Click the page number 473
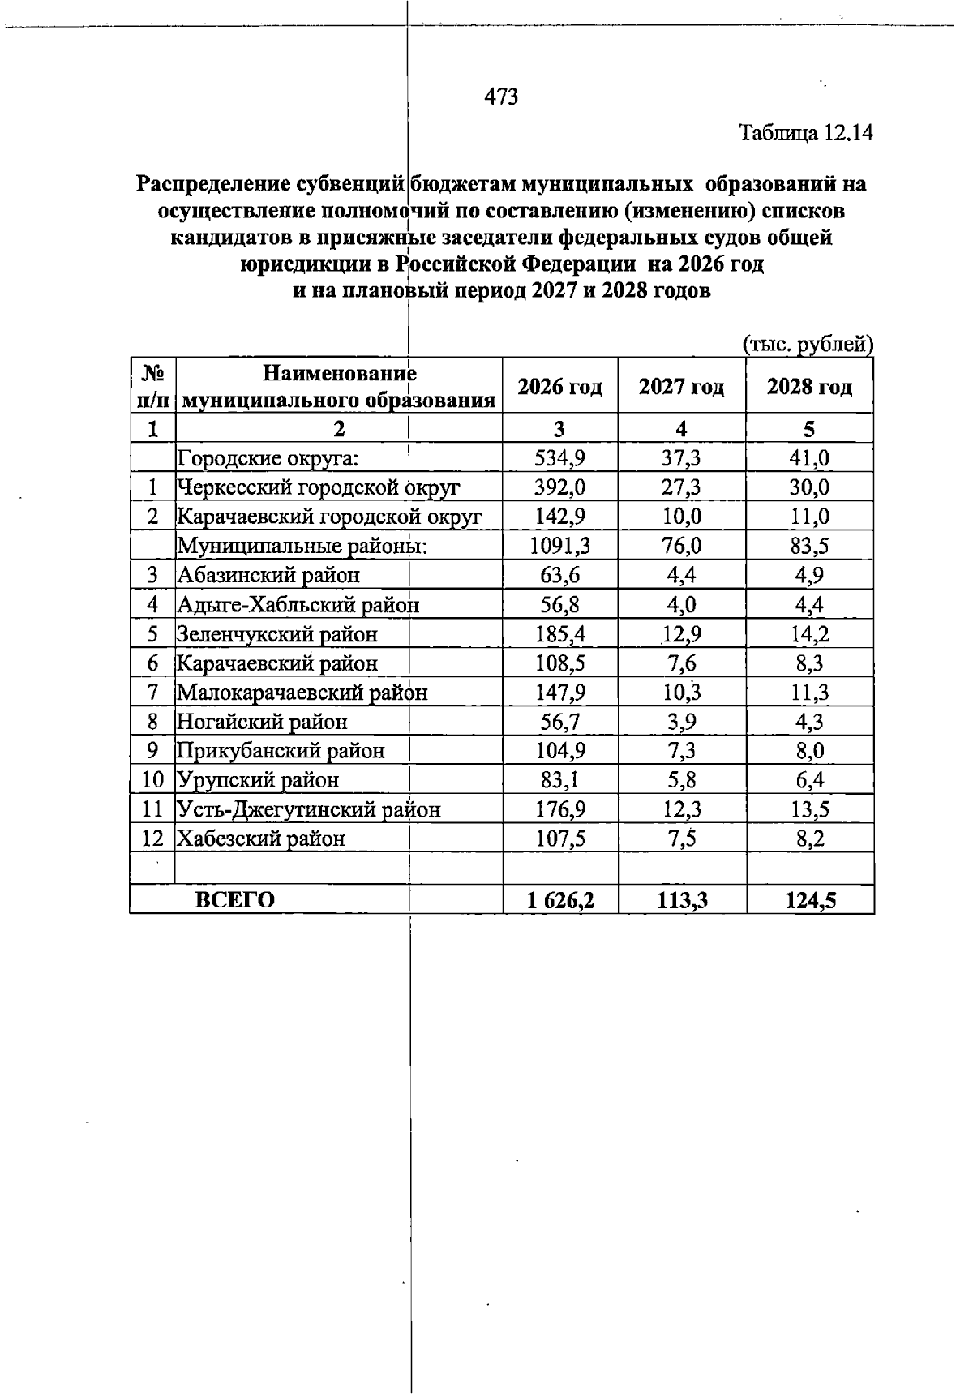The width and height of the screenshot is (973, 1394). [x=501, y=97]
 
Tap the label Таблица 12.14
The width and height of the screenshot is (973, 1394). [x=805, y=132]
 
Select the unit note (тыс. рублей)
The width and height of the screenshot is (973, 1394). [x=808, y=345]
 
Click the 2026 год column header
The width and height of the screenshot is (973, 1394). [x=559, y=387]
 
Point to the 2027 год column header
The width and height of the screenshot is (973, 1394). [x=681, y=387]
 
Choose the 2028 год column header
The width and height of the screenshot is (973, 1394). [x=809, y=387]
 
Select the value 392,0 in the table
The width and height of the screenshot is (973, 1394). [x=559, y=487]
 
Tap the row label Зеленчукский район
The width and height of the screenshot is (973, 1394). [x=277, y=634]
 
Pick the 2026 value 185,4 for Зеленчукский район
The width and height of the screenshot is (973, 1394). [x=559, y=634]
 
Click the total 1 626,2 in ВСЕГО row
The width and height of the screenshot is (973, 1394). [x=559, y=900]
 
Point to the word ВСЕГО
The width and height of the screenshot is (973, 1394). [x=235, y=900]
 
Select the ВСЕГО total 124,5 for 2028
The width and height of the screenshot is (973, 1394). [x=809, y=900]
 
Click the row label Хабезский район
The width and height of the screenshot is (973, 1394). [x=261, y=839]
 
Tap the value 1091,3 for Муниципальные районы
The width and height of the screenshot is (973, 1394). [x=559, y=546]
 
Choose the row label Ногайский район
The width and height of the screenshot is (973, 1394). [x=263, y=722]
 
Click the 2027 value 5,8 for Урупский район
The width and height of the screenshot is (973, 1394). [x=681, y=780]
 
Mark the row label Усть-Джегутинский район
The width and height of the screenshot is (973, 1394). [x=309, y=809]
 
